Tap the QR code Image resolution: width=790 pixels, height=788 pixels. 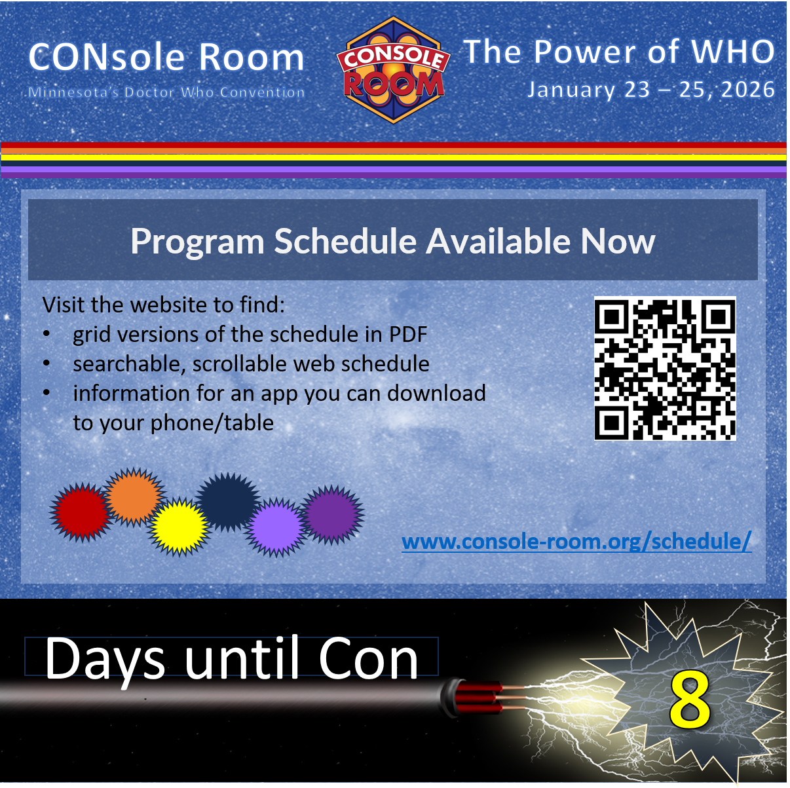coord(665,368)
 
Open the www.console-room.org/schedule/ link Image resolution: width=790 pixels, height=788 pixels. coord(576,542)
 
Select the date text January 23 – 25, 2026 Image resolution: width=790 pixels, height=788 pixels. coord(651,90)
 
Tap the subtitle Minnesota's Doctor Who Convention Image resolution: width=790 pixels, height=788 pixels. coord(166,92)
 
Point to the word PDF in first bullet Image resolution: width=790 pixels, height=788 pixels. coord(408,335)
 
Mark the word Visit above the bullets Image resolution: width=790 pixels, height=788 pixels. coord(64,305)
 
